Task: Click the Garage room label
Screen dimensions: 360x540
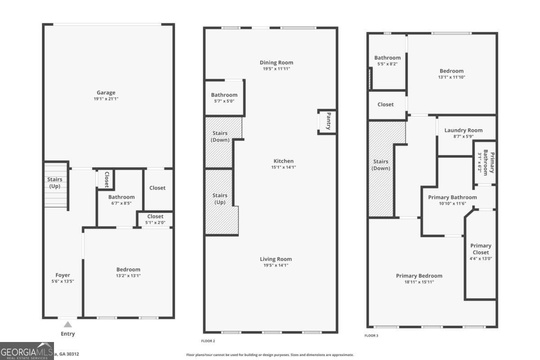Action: coord(106,93)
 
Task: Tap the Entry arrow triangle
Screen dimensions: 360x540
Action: coord(67,324)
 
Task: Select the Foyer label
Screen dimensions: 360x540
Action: coord(63,275)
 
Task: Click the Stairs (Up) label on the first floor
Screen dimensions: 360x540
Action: coord(55,182)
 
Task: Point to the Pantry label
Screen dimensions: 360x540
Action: coord(328,121)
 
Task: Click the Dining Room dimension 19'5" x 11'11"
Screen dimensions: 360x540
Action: coord(276,69)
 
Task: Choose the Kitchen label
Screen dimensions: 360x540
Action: coord(283,161)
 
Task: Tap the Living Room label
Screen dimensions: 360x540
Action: coord(275,259)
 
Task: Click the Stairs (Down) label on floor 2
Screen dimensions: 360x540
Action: coord(220,136)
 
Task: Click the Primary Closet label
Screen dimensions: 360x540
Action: coord(481,249)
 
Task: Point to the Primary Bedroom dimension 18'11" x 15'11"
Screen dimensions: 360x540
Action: coord(419,282)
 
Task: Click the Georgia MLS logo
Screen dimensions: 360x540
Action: coord(27,351)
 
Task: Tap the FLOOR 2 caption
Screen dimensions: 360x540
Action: coord(208,341)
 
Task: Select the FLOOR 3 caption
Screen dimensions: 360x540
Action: coord(371,335)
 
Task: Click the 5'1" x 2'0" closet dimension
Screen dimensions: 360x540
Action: coord(155,222)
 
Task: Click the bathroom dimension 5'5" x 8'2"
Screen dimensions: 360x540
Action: coord(387,64)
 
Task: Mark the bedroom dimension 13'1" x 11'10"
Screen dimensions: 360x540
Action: coord(451,77)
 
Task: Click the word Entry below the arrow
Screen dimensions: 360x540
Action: coord(67,334)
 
